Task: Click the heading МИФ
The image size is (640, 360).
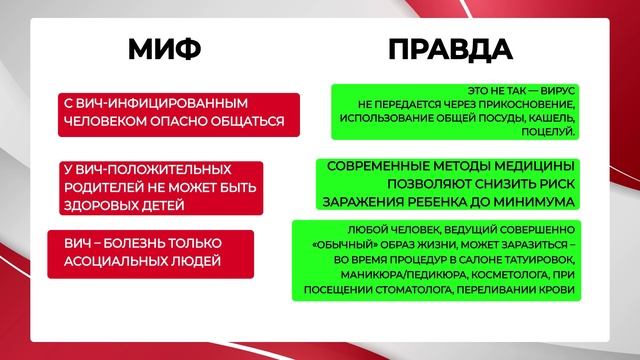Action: tap(165, 49)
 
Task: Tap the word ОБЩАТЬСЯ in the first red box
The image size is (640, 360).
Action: tap(243, 123)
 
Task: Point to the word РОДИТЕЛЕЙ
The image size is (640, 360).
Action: tap(102, 187)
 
